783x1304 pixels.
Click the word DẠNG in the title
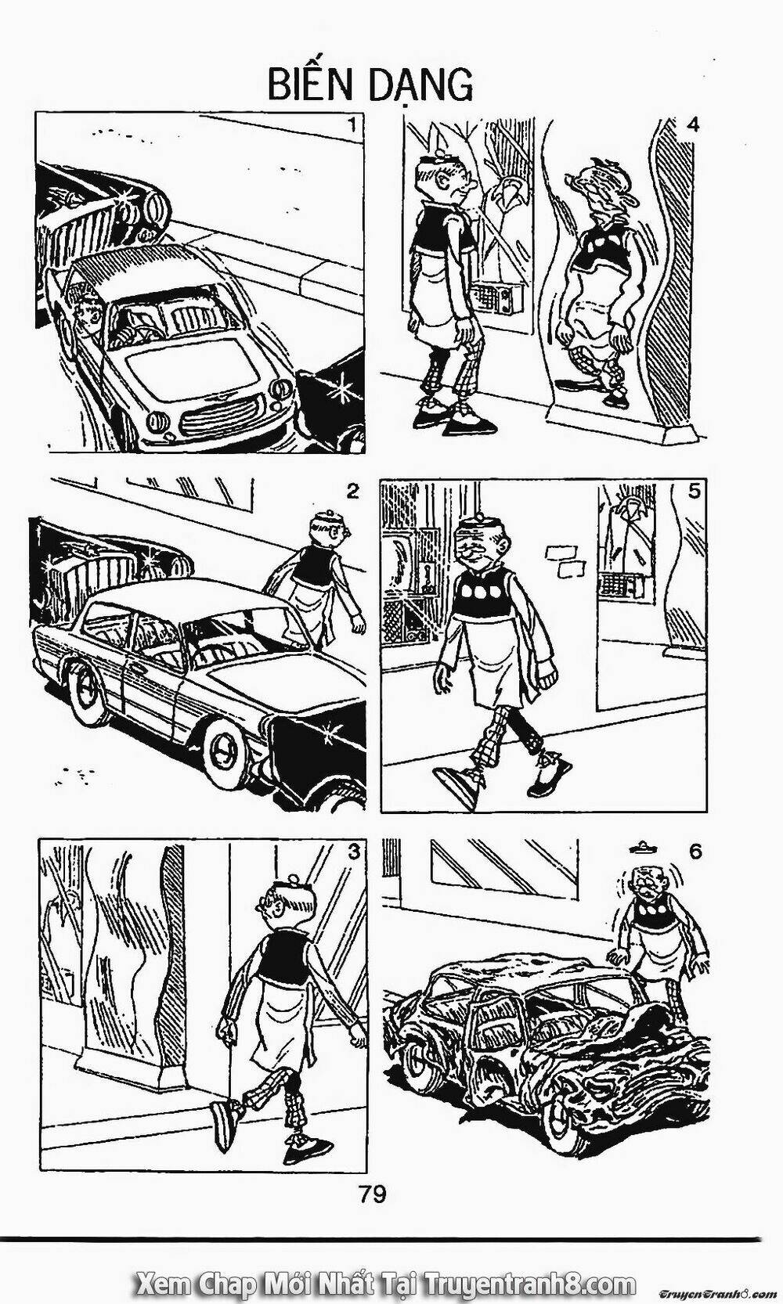tap(431, 85)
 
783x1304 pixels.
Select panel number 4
tap(691, 124)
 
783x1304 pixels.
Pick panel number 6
tap(695, 851)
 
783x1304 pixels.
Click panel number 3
tap(354, 851)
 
